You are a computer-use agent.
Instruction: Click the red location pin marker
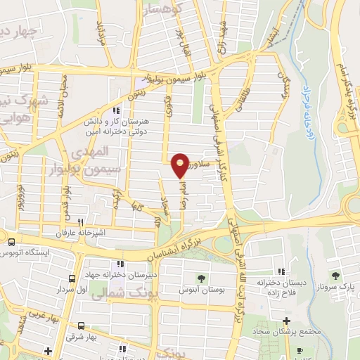180,165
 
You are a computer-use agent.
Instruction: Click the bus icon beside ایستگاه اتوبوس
11,242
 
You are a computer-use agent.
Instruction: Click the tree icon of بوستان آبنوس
201,277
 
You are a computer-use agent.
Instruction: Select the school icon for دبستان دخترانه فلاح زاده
281,272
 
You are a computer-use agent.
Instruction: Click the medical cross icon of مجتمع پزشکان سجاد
285,321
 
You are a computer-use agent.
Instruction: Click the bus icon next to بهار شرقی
82,326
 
